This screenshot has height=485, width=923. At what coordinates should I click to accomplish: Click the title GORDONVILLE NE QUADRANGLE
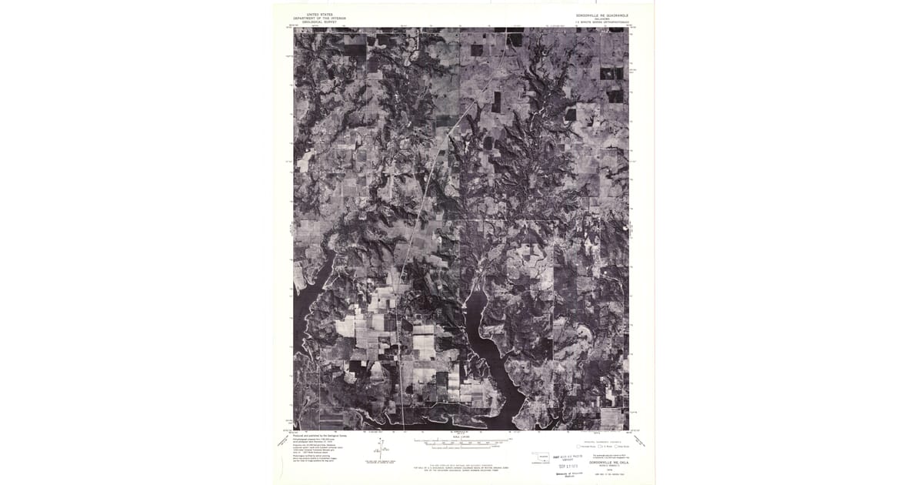click(x=602, y=15)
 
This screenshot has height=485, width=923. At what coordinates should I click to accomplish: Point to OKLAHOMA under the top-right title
click(x=602, y=19)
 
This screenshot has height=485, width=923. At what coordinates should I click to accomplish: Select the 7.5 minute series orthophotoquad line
click(x=602, y=23)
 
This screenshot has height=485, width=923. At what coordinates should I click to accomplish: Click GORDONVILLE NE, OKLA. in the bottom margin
click(x=608, y=462)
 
